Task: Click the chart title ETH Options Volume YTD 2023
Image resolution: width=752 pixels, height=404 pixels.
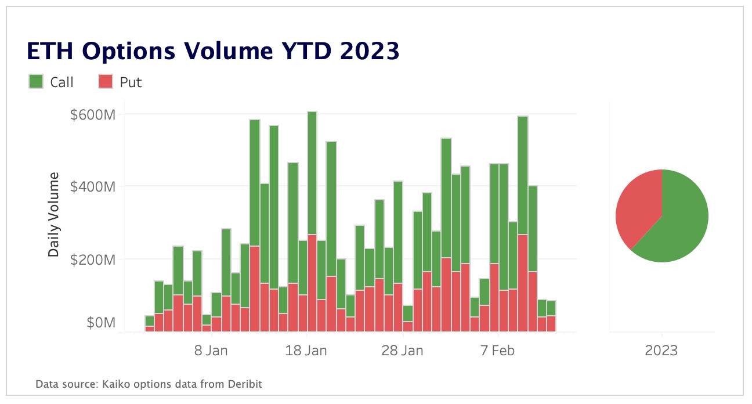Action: click(x=213, y=52)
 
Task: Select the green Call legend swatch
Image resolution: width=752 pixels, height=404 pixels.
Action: click(x=36, y=82)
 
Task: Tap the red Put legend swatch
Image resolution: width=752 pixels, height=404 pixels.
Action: click(x=106, y=82)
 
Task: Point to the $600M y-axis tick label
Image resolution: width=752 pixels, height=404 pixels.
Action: click(x=93, y=114)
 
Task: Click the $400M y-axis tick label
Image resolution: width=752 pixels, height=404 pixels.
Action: click(x=93, y=187)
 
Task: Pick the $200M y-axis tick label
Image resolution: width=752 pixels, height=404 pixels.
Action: click(x=93, y=259)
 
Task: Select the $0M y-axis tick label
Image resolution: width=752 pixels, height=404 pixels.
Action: click(x=101, y=323)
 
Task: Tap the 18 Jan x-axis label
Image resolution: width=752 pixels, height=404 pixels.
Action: click(x=307, y=351)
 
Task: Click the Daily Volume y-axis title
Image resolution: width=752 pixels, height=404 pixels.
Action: click(x=53, y=215)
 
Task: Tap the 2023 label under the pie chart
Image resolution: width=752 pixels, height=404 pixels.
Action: click(x=661, y=351)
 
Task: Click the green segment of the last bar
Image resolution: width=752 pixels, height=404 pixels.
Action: click(x=551, y=308)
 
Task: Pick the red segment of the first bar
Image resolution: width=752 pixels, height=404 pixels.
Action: click(x=150, y=329)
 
